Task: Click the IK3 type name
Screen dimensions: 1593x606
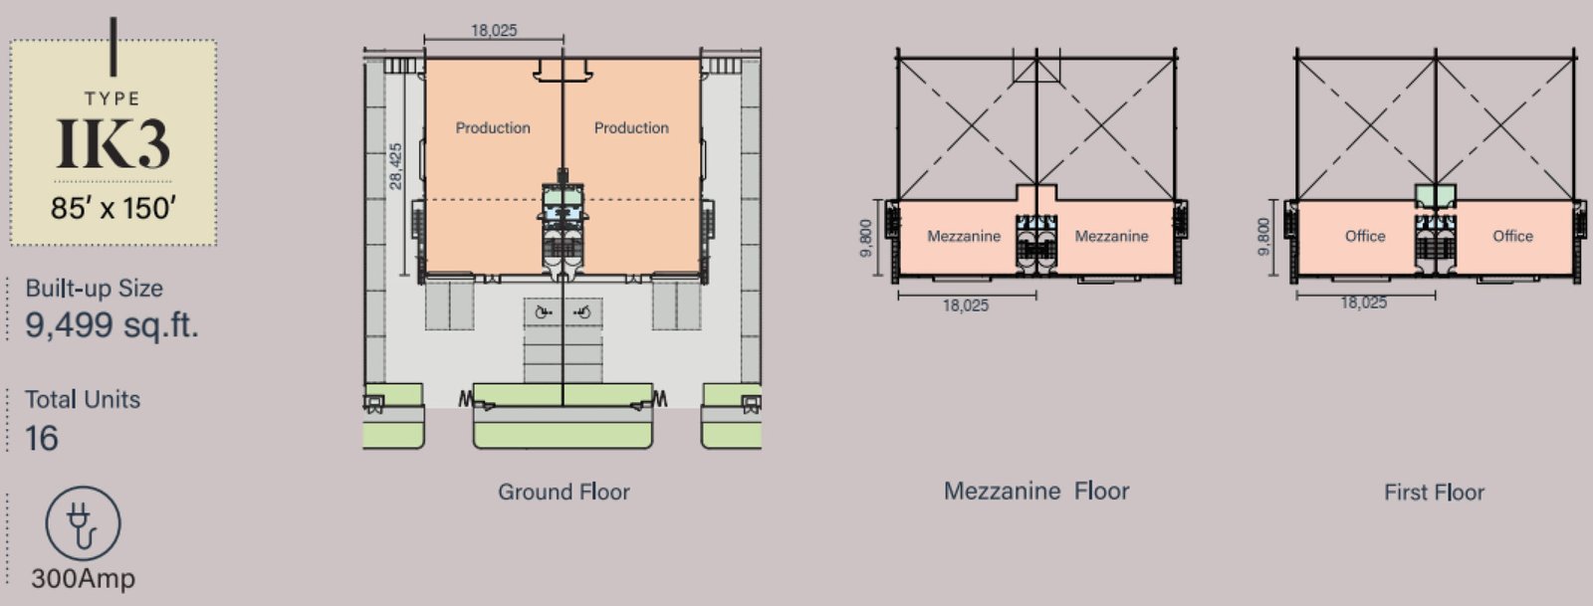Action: (x=114, y=143)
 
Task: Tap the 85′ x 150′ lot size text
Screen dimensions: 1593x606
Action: (x=114, y=208)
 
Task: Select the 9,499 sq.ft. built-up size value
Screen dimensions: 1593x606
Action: (x=112, y=325)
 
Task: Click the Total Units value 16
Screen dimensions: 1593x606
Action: (x=41, y=438)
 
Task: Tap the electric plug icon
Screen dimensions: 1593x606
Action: (x=84, y=523)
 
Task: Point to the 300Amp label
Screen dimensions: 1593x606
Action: (x=84, y=578)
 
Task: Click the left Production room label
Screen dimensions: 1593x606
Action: (x=493, y=128)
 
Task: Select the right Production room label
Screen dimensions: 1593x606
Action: (x=631, y=128)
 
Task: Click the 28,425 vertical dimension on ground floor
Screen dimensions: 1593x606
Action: (x=396, y=166)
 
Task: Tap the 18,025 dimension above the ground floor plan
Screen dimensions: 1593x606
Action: (x=494, y=31)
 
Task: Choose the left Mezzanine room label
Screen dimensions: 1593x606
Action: (x=964, y=236)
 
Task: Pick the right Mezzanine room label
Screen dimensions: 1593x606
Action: (x=1111, y=236)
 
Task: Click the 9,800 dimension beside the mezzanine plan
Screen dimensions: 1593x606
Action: (x=865, y=238)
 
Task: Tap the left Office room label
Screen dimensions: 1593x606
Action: (x=1365, y=236)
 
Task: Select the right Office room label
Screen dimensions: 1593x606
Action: (x=1512, y=236)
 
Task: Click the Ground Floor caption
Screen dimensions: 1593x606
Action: (x=564, y=492)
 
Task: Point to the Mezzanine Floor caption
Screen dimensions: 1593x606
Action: (x=1036, y=491)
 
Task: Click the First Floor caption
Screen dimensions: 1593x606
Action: (x=1435, y=493)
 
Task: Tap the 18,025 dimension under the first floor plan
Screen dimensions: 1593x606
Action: (x=1364, y=303)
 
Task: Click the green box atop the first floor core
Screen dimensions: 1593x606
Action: (x=1435, y=195)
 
